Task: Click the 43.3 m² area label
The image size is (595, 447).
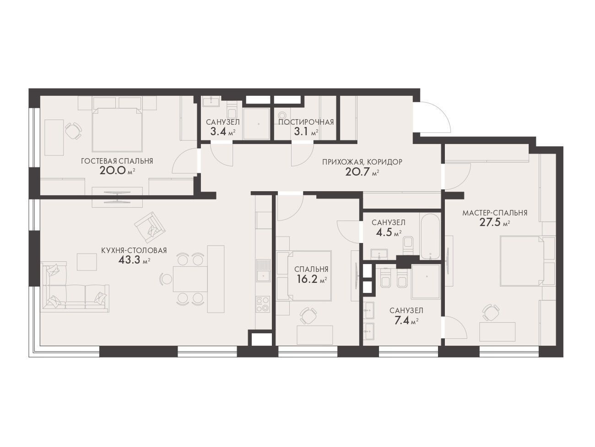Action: pos(134,260)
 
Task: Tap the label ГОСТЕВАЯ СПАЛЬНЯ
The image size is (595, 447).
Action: pos(117,161)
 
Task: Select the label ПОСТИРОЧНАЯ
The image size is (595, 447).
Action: pos(306,122)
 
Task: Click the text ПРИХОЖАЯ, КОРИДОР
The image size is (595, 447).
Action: pos(362,162)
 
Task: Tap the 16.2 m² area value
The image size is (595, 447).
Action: pos(312,279)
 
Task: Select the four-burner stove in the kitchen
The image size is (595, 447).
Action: pos(263,304)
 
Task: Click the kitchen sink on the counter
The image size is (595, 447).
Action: pos(263,270)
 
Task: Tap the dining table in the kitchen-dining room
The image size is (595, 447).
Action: pos(190,279)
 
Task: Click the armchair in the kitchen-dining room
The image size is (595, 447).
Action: pos(150,227)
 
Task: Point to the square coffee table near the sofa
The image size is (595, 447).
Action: pos(87,262)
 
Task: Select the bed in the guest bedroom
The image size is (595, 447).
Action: pos(117,129)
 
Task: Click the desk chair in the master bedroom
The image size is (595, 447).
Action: pos(492,313)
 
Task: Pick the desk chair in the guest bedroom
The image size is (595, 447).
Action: pos(73,131)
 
